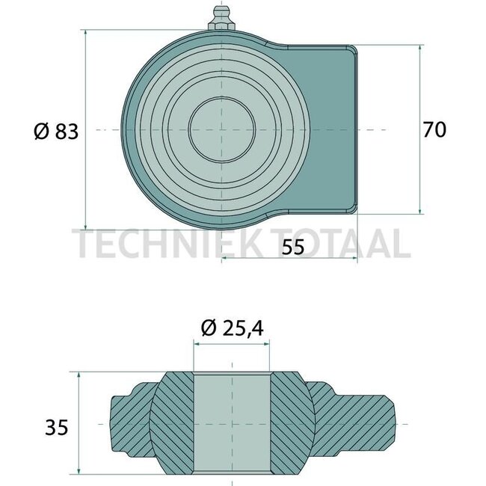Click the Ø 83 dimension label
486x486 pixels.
pyautogui.click(x=55, y=132)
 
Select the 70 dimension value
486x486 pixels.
pyautogui.click(x=434, y=130)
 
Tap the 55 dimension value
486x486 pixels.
pyautogui.click(x=294, y=248)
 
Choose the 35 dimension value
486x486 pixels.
pyautogui.click(x=56, y=428)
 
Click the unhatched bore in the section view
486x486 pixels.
pyautogui.click(x=232, y=422)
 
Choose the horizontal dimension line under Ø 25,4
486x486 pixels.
pyautogui.click(x=232, y=342)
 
